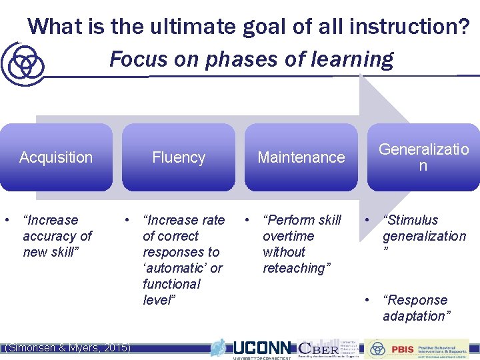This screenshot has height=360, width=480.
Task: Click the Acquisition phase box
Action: tap(56, 157)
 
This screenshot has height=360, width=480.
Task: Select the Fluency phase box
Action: tap(179, 157)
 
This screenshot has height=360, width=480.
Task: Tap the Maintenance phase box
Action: tap(301, 157)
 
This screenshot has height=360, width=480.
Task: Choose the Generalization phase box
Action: tap(423, 157)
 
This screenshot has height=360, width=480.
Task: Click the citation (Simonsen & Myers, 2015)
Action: tap(67, 347)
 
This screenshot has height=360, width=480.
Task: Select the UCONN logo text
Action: tap(261, 348)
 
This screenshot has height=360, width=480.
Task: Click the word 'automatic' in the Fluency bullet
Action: tap(183, 268)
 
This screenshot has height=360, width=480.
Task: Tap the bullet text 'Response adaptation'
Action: tap(417, 308)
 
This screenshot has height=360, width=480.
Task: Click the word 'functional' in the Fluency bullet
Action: tap(171, 284)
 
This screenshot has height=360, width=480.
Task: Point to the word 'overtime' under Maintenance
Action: tap(288, 236)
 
